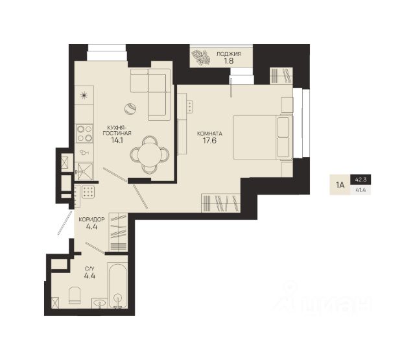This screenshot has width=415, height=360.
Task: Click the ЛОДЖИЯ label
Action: click(229, 54)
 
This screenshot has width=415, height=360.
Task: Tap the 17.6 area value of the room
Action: click(209, 141)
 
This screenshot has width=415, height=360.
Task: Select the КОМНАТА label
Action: click(209, 134)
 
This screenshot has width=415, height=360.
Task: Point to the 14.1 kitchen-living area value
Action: click(117, 140)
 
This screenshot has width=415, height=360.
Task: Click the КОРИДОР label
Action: click(91, 219)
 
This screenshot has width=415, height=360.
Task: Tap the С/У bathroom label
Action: click(89, 269)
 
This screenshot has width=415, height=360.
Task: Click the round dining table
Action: click(150, 155)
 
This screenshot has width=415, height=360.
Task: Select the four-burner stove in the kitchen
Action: click(84, 134)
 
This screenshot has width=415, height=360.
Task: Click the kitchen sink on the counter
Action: click(85, 171)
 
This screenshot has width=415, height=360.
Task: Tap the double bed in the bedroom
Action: click(263, 137)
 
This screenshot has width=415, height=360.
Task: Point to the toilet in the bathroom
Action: click(75, 295)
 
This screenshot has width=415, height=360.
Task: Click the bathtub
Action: click(118, 285)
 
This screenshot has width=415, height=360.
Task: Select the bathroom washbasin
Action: click(99, 303)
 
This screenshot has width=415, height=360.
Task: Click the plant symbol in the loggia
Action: click(201, 58)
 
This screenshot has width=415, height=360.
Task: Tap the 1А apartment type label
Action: click(340, 185)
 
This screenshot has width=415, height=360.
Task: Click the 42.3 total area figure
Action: click(361, 180)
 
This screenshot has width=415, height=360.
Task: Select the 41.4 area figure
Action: click(361, 190)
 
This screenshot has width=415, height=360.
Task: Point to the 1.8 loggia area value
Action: click(229, 61)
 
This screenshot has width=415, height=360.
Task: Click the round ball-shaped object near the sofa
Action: click(130, 108)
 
